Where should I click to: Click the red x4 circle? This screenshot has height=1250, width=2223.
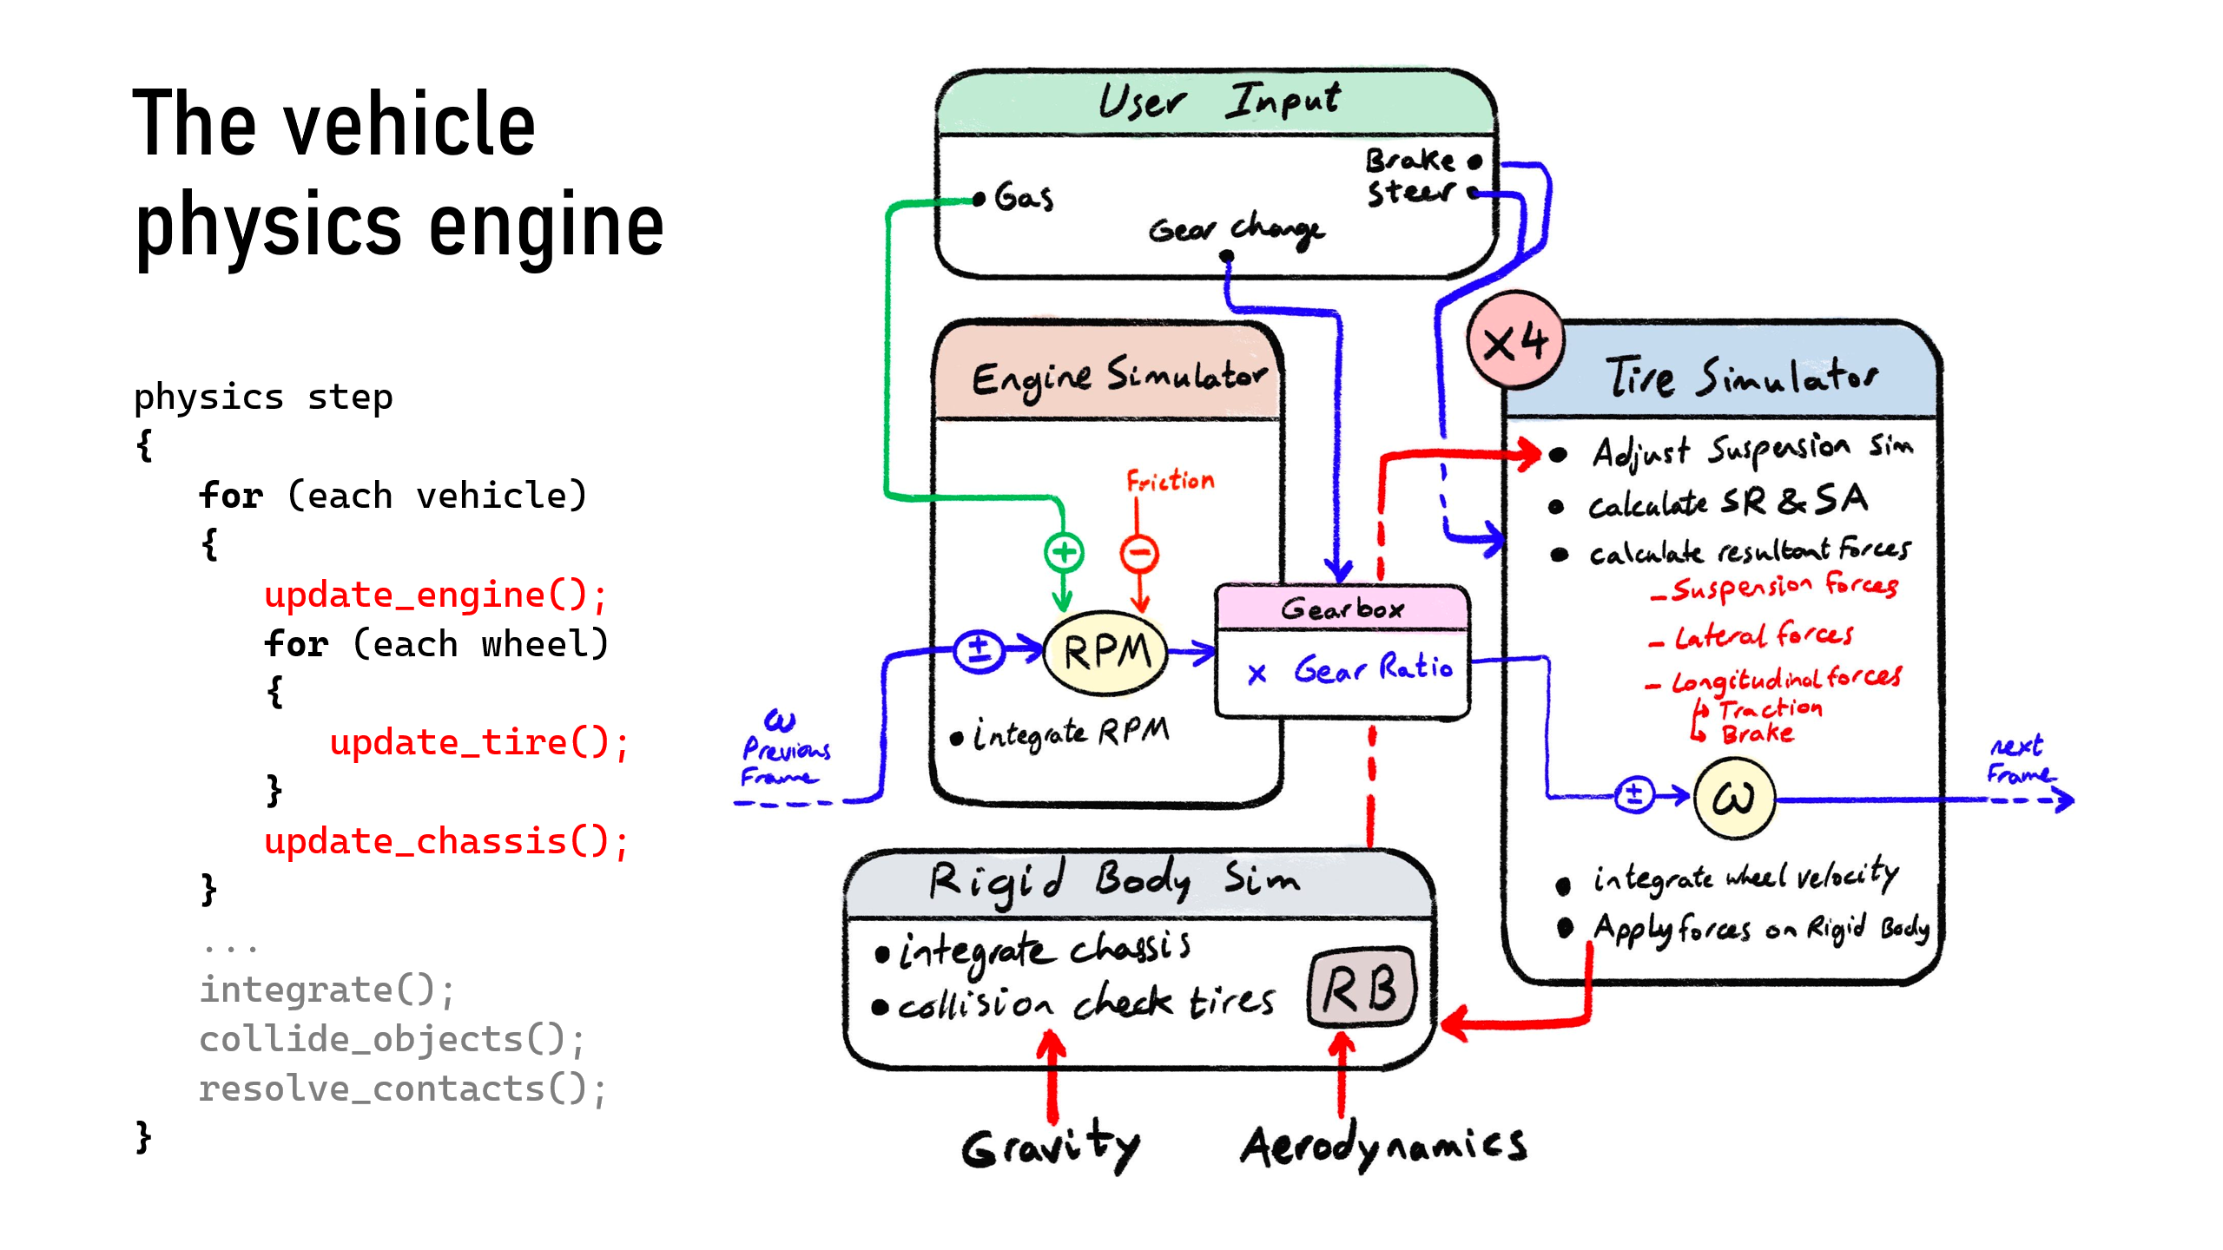(1515, 341)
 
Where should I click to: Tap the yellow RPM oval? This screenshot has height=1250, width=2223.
(1105, 653)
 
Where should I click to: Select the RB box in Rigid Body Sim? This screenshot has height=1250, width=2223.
(1361, 989)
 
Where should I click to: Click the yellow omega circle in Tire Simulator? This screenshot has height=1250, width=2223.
(1733, 798)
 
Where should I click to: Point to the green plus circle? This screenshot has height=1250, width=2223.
(1064, 551)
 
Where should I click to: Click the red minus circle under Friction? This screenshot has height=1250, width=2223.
(1138, 553)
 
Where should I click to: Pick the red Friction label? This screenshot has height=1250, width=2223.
(1170, 480)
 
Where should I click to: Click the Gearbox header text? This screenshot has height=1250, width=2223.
(1342, 609)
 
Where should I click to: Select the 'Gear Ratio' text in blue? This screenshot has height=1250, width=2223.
(1372, 668)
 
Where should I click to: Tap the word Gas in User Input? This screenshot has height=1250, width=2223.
(1024, 197)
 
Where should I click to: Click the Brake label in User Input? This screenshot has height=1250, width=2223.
(1409, 161)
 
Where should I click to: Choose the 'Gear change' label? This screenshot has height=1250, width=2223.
(1236, 230)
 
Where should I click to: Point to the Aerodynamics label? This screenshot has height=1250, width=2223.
(1383, 1146)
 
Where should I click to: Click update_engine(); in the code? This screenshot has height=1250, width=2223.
(435, 595)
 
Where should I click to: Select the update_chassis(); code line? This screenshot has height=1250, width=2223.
(445, 842)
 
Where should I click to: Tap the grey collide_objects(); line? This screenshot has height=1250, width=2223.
(392, 1039)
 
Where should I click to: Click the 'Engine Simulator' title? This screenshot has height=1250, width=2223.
(1118, 378)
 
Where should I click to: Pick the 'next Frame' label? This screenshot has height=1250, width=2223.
(2019, 760)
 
